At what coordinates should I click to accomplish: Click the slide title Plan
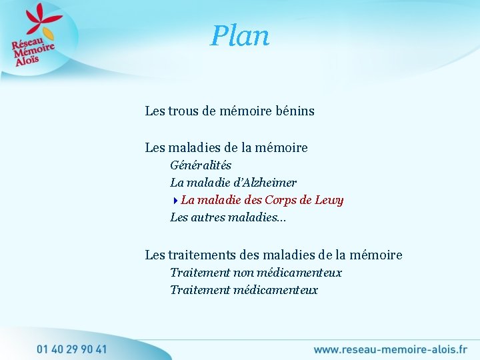(x=240, y=36)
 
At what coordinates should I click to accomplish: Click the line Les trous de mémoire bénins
(x=229, y=111)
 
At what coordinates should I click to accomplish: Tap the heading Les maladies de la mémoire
(x=226, y=147)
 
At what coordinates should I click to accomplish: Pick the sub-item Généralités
(x=201, y=165)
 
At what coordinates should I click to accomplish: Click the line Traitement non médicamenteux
(x=256, y=273)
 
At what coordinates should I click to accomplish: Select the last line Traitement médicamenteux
(x=244, y=290)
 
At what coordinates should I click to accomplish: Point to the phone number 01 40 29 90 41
(x=71, y=349)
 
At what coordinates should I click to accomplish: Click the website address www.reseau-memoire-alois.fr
(x=390, y=349)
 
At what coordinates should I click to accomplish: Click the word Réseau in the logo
(x=25, y=44)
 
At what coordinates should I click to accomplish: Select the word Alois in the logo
(x=28, y=61)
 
